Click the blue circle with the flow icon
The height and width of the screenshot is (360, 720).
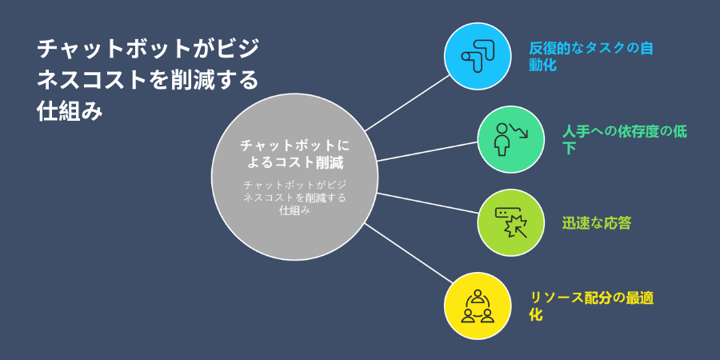coord(478,56)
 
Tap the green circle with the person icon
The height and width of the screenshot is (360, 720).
coord(510,139)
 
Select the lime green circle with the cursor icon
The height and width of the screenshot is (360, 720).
coord(510,222)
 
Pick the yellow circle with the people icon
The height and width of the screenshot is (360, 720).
coord(478,306)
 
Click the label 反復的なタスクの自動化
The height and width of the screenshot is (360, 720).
coord(590,56)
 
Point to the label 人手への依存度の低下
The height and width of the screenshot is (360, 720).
coord(625,139)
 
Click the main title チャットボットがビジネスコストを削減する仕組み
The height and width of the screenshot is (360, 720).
coord(148,80)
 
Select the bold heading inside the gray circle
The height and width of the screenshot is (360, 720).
coord(294,154)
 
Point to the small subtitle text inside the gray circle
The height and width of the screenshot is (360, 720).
coord(294,198)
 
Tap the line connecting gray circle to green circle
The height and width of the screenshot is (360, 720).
coord(428,151)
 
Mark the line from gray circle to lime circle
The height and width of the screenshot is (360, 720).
coord(428,203)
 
